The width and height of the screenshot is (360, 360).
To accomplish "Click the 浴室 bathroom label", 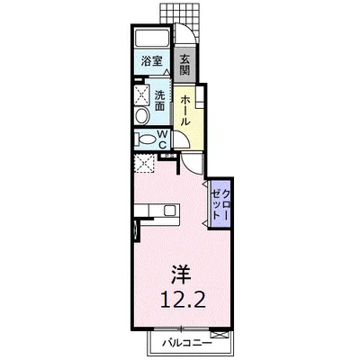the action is click(151, 61).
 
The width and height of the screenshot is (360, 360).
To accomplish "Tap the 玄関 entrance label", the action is click(184, 65).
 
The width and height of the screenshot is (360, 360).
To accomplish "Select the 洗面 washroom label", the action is click(159, 101).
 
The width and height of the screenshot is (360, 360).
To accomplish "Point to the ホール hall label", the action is click(185, 110).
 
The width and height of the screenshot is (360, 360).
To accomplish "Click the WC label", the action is click(162, 139).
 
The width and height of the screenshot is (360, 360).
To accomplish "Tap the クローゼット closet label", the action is click(220, 203).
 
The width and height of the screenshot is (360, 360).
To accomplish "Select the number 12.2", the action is click(183, 299).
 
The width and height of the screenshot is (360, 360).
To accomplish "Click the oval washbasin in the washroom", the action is click(142, 116).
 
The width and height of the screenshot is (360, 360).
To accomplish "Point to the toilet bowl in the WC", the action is click(147, 139).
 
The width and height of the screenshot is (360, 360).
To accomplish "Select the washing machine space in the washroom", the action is click(141, 94).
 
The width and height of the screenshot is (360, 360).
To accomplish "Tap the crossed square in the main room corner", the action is click(145, 163).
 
